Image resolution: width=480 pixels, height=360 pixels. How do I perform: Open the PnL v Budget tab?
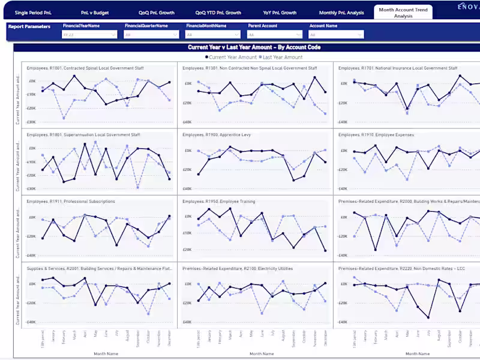[x=94, y=13]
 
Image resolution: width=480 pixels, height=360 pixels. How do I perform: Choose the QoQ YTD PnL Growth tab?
[x=218, y=13]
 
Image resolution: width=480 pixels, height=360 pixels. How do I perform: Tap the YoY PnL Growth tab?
[x=280, y=13]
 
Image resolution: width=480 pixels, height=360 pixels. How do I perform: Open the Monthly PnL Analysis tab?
[x=341, y=13]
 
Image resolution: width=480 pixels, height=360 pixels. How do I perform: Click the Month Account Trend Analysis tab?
[x=403, y=13]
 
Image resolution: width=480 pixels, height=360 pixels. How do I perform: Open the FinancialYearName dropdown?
[x=89, y=35]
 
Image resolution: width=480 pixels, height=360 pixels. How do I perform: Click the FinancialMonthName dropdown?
[x=212, y=35]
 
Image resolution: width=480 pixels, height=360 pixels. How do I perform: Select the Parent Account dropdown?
[x=274, y=35]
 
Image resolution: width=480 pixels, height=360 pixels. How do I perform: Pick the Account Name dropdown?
[x=335, y=35]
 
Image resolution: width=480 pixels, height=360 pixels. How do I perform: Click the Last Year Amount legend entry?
[x=282, y=57]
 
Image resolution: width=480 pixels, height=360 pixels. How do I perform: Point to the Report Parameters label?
[x=29, y=26]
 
